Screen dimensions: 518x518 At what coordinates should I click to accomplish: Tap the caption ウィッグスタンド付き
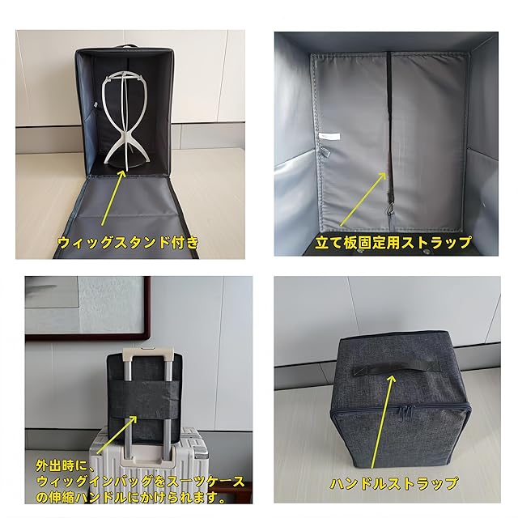(x=128, y=243)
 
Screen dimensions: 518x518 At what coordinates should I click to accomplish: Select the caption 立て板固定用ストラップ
(x=393, y=243)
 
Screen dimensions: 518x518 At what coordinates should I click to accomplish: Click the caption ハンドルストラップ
(x=394, y=484)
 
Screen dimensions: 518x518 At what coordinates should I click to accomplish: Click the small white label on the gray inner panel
(x=329, y=136)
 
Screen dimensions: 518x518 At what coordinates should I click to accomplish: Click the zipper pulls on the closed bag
(x=406, y=413)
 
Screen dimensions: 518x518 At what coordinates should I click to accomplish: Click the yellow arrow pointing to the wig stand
(x=113, y=197)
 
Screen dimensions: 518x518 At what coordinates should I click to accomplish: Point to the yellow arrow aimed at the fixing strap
(x=363, y=199)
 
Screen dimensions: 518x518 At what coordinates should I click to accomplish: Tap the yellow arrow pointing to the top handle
(x=382, y=421)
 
